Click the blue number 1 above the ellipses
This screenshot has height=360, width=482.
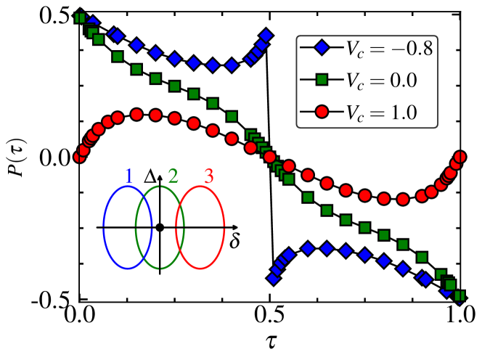point(128,176)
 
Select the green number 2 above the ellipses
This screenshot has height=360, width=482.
point(173,176)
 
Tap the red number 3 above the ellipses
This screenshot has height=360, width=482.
point(209,176)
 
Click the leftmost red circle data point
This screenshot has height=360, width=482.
point(78,156)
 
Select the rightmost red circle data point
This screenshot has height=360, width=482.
point(459,157)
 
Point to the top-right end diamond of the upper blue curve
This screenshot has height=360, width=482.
point(266,35)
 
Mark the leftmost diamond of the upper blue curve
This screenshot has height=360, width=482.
point(91,21)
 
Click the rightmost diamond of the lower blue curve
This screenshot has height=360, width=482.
point(447,291)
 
